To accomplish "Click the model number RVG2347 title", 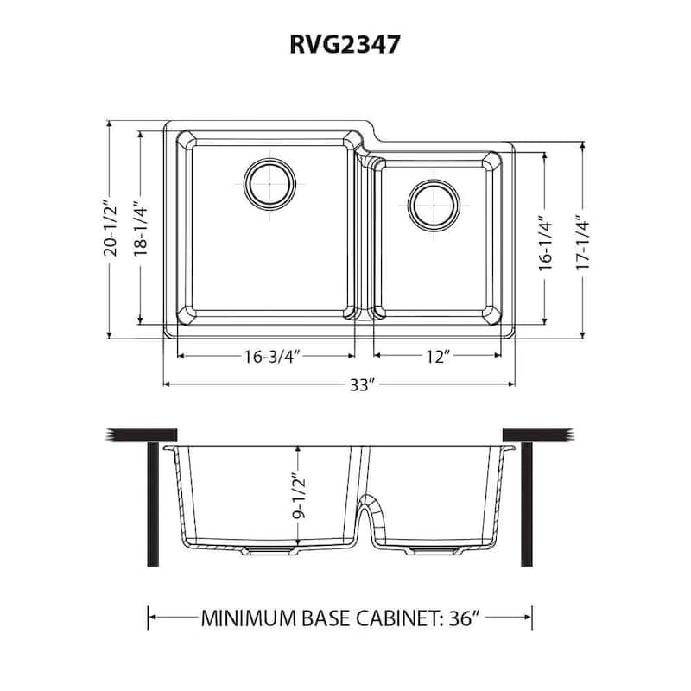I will click(x=345, y=45).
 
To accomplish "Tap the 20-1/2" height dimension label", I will click(x=109, y=230).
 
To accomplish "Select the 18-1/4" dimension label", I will click(x=141, y=230).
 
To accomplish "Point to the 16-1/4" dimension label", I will click(x=544, y=244).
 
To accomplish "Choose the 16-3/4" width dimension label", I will click(x=266, y=356).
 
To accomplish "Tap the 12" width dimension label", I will click(x=436, y=356).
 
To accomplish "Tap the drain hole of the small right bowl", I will click(x=433, y=205).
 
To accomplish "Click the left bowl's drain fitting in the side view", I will click(x=268, y=550).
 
